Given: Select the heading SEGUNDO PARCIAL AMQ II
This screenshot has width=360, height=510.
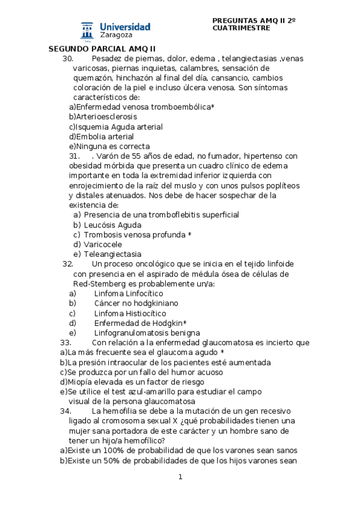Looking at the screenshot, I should (x=102, y=49).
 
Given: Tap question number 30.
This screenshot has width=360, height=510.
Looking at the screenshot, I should (x=67, y=58).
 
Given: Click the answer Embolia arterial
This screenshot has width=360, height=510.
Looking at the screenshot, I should (x=101, y=137).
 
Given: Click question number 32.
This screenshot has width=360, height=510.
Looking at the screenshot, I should (x=67, y=264).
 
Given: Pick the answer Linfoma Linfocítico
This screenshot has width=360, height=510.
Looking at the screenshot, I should (x=129, y=293).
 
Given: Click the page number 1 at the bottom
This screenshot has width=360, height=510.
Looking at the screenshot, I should (x=180, y=478).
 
